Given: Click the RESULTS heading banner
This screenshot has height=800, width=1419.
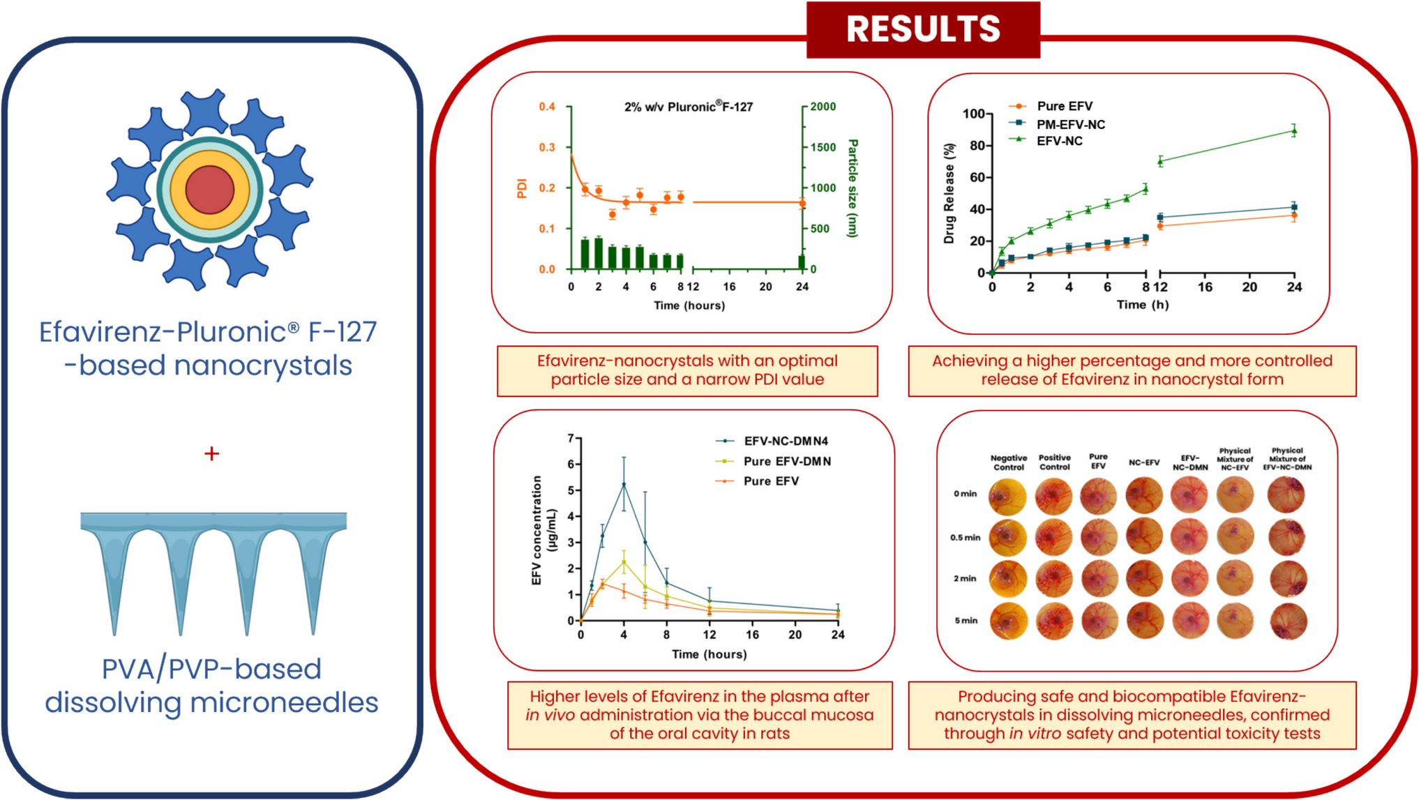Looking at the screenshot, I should point(922,29).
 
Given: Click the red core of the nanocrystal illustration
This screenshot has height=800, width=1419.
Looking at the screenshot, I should point(209,190).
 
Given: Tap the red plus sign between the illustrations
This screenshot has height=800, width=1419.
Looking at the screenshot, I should point(211,454).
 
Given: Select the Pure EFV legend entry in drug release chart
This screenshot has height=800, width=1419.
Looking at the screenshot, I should point(1064,106).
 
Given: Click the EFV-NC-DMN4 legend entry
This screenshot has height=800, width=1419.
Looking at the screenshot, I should point(785,441).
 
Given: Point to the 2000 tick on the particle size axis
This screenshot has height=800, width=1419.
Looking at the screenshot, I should point(823,107).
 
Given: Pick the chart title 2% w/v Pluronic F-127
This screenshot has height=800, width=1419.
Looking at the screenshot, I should point(688,107).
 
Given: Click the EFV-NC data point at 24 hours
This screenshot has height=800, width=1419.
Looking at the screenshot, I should point(1294,130).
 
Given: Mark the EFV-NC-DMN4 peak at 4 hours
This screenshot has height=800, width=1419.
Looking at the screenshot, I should point(624,484).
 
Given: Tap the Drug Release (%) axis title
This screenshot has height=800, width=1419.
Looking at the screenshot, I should point(949,194).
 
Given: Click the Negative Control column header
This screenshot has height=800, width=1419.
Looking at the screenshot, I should point(1008,462).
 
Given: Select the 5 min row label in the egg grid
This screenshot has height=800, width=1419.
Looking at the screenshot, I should point(966,620).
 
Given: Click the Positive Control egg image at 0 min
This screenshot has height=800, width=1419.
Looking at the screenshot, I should point(1054,496).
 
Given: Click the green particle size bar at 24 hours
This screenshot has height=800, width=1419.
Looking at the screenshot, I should point(802,262).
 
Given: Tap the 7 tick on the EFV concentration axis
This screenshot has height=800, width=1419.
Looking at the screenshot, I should point(571,438).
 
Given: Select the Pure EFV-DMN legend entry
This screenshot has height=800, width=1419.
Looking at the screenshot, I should point(786,461).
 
